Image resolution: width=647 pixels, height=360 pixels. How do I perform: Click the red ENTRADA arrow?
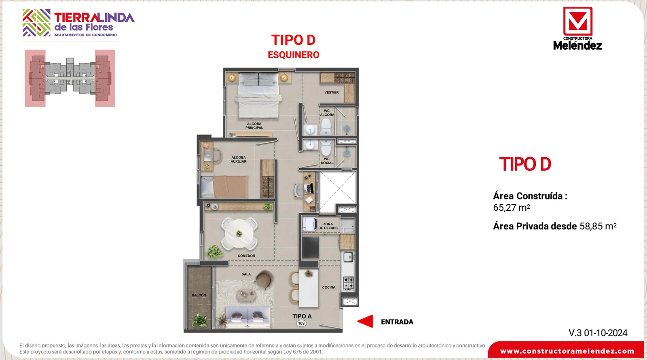click(x=366, y=321)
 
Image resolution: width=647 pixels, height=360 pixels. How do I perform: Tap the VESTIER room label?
click(x=331, y=93)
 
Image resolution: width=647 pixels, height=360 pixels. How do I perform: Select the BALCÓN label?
click(x=199, y=295)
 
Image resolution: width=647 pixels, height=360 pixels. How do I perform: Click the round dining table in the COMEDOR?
click(x=239, y=233)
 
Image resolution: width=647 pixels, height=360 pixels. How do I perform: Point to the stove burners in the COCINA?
click(x=348, y=283)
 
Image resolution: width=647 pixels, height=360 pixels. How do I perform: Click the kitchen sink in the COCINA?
click(x=348, y=257)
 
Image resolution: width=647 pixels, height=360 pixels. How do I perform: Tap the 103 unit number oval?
click(x=301, y=323)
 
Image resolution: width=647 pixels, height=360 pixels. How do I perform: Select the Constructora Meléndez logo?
click(x=577, y=29)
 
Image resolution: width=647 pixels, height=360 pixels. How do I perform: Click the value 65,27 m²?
click(x=511, y=208)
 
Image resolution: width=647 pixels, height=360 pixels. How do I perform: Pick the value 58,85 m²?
click(x=598, y=226)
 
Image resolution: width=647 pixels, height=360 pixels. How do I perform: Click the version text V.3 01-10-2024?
click(x=598, y=333)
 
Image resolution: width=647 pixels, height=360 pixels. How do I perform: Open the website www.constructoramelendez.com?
click(x=567, y=351)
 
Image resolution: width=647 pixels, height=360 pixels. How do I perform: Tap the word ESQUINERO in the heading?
click(x=294, y=55)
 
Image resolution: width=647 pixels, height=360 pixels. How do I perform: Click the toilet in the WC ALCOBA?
click(x=326, y=127)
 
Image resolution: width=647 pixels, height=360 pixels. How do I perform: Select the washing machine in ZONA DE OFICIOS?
click(x=309, y=224)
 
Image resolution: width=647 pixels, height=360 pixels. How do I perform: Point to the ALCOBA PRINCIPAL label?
click(x=254, y=126)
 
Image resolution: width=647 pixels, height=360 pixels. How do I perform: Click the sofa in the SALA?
click(x=248, y=317)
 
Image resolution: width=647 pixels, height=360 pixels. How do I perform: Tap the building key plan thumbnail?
click(x=70, y=78)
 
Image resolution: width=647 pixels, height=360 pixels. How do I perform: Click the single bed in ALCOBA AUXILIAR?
click(x=224, y=187)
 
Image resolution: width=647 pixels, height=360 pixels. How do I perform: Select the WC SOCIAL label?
click(x=327, y=161)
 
